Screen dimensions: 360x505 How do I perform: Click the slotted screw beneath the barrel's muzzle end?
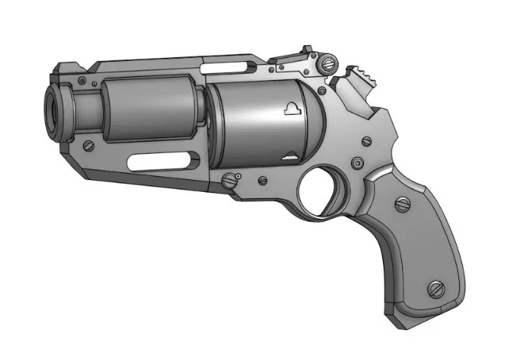tap(89, 145)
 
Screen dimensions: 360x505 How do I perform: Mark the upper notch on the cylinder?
tap(291, 109)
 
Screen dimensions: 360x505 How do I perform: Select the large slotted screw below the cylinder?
tap(231, 181)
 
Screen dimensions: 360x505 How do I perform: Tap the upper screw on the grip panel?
tap(403, 205)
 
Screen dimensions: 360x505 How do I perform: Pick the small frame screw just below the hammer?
tap(365, 142)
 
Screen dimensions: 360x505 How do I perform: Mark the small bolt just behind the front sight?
tap(94, 82)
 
